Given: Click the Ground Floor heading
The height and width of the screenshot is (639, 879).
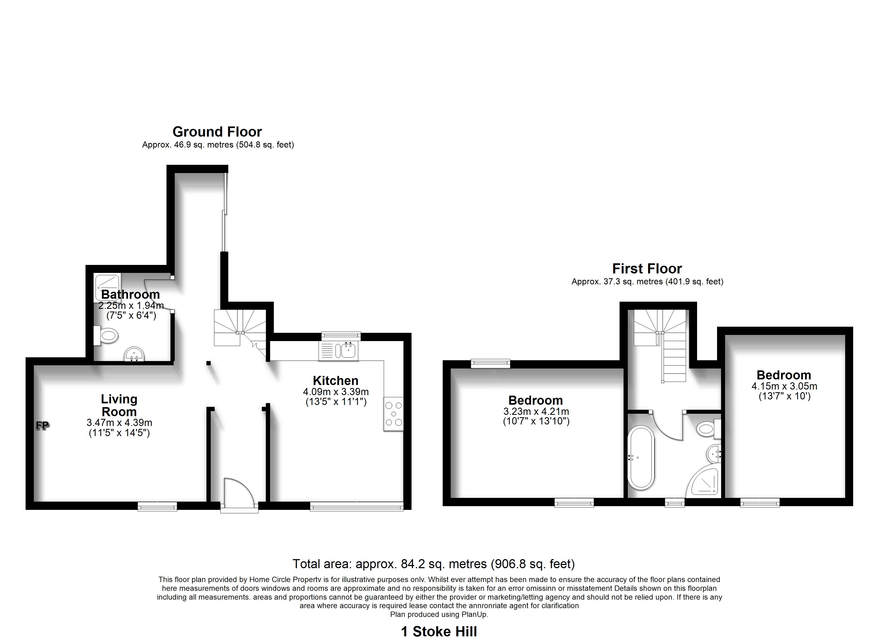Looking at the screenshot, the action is click(x=217, y=132).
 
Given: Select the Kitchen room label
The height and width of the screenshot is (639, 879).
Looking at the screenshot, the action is click(x=336, y=380).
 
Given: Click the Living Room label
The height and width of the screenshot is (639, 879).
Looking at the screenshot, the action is click(x=119, y=405).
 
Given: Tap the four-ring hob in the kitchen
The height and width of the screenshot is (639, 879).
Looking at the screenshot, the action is click(x=394, y=414).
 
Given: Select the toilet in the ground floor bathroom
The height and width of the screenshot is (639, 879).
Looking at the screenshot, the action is click(x=106, y=335).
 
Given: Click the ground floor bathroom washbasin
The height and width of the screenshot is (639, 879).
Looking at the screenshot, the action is click(x=135, y=354).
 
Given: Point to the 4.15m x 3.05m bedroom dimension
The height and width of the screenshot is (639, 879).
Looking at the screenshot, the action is click(x=784, y=386).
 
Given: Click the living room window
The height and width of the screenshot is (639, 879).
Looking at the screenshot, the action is click(x=158, y=506).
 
